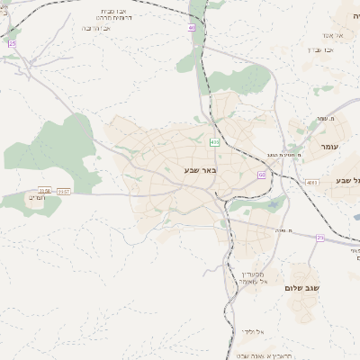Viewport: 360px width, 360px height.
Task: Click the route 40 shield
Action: (x=192, y=29)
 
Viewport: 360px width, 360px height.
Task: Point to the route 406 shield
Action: (x=214, y=142)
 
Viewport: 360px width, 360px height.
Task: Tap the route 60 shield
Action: (x=261, y=175)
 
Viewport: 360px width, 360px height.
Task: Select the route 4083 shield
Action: (x=312, y=183)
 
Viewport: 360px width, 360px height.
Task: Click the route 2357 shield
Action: (x=64, y=191)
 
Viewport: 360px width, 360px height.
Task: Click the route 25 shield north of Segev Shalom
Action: (x=319, y=238)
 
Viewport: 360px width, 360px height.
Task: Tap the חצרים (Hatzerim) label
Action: (x=36, y=196)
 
